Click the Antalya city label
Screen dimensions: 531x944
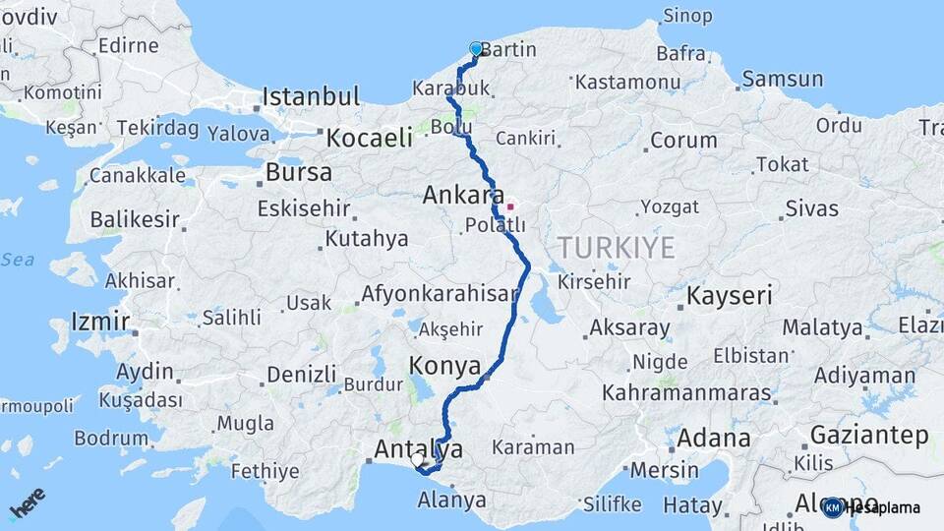coord(418,450)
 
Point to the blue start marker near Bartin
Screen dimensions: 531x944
coord(476,48)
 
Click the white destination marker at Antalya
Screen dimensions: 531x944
coord(417,459)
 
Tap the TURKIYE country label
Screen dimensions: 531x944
coord(617,247)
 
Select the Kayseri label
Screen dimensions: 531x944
coord(729,295)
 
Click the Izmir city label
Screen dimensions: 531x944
coord(100,322)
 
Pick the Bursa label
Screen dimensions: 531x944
coord(298,172)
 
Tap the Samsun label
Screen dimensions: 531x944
coord(782,79)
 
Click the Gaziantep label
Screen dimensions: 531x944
coord(868,435)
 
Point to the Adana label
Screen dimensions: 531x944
coord(713,439)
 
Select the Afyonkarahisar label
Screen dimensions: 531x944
coord(439,293)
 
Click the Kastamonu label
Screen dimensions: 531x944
coord(627,83)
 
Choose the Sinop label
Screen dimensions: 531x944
coord(686,15)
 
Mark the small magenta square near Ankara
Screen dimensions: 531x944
coord(510,206)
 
